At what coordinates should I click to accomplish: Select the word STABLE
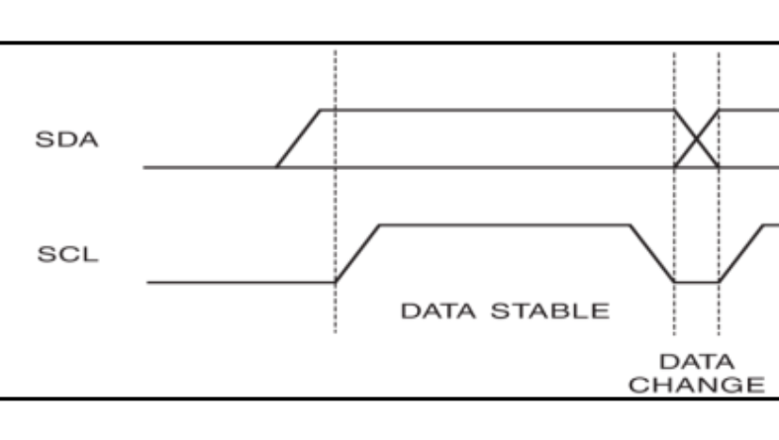559,311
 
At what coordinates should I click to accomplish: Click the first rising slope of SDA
298,137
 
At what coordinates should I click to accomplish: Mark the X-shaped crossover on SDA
696,138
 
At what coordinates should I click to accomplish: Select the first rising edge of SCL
358,253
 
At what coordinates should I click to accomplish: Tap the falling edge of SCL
652,253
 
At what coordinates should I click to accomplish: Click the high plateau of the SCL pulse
505,225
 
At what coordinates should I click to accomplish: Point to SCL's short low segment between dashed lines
696,283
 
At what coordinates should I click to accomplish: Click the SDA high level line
495,109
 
